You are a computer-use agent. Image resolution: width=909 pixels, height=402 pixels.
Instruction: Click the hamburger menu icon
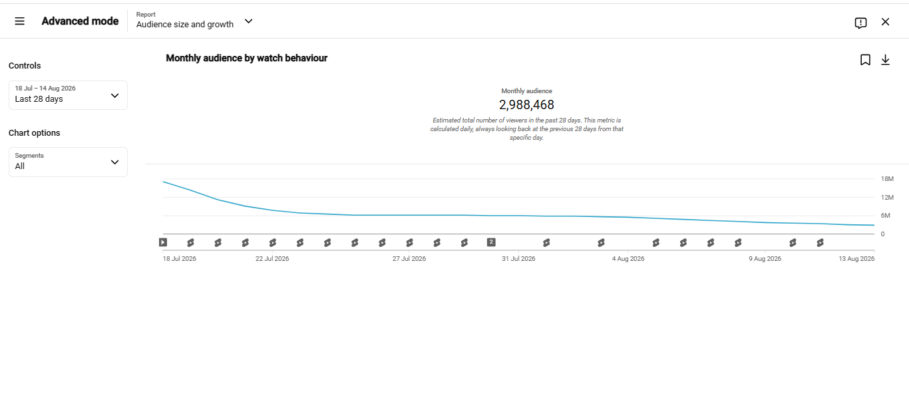point(19,21)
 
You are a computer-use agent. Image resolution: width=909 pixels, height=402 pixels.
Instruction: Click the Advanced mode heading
point(80,21)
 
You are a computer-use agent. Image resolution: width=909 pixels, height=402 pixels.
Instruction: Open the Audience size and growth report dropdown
point(194,21)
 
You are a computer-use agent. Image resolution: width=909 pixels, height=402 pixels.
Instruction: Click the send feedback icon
point(860,23)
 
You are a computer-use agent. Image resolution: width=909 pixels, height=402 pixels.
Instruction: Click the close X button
point(886,22)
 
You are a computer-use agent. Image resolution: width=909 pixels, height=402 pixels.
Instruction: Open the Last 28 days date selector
point(68,95)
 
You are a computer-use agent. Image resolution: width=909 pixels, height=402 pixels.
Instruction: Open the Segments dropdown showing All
point(68,162)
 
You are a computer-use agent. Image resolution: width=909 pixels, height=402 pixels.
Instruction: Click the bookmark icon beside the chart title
point(865,60)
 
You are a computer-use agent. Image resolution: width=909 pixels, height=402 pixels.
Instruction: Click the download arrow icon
point(886,60)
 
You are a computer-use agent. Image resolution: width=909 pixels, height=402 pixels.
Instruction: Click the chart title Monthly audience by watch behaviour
point(247,58)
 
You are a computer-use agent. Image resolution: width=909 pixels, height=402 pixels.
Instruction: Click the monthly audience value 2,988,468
point(526,104)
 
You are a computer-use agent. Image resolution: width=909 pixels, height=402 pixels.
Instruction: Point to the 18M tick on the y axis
point(887,178)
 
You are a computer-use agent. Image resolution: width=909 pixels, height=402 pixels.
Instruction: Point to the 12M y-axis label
point(887,198)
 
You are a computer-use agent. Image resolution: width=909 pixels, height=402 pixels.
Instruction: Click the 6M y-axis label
point(886,216)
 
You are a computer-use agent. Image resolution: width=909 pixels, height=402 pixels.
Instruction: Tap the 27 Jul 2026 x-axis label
point(409,259)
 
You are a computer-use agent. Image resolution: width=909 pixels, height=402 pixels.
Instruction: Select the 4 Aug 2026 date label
point(628,259)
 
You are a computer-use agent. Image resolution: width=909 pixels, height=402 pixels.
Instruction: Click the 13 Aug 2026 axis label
point(856,259)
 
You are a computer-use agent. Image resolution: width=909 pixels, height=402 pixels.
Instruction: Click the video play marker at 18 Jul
point(163,242)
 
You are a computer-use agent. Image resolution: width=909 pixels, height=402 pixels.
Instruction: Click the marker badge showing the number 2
point(491,242)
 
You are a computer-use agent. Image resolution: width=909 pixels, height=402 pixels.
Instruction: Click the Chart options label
point(34,133)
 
